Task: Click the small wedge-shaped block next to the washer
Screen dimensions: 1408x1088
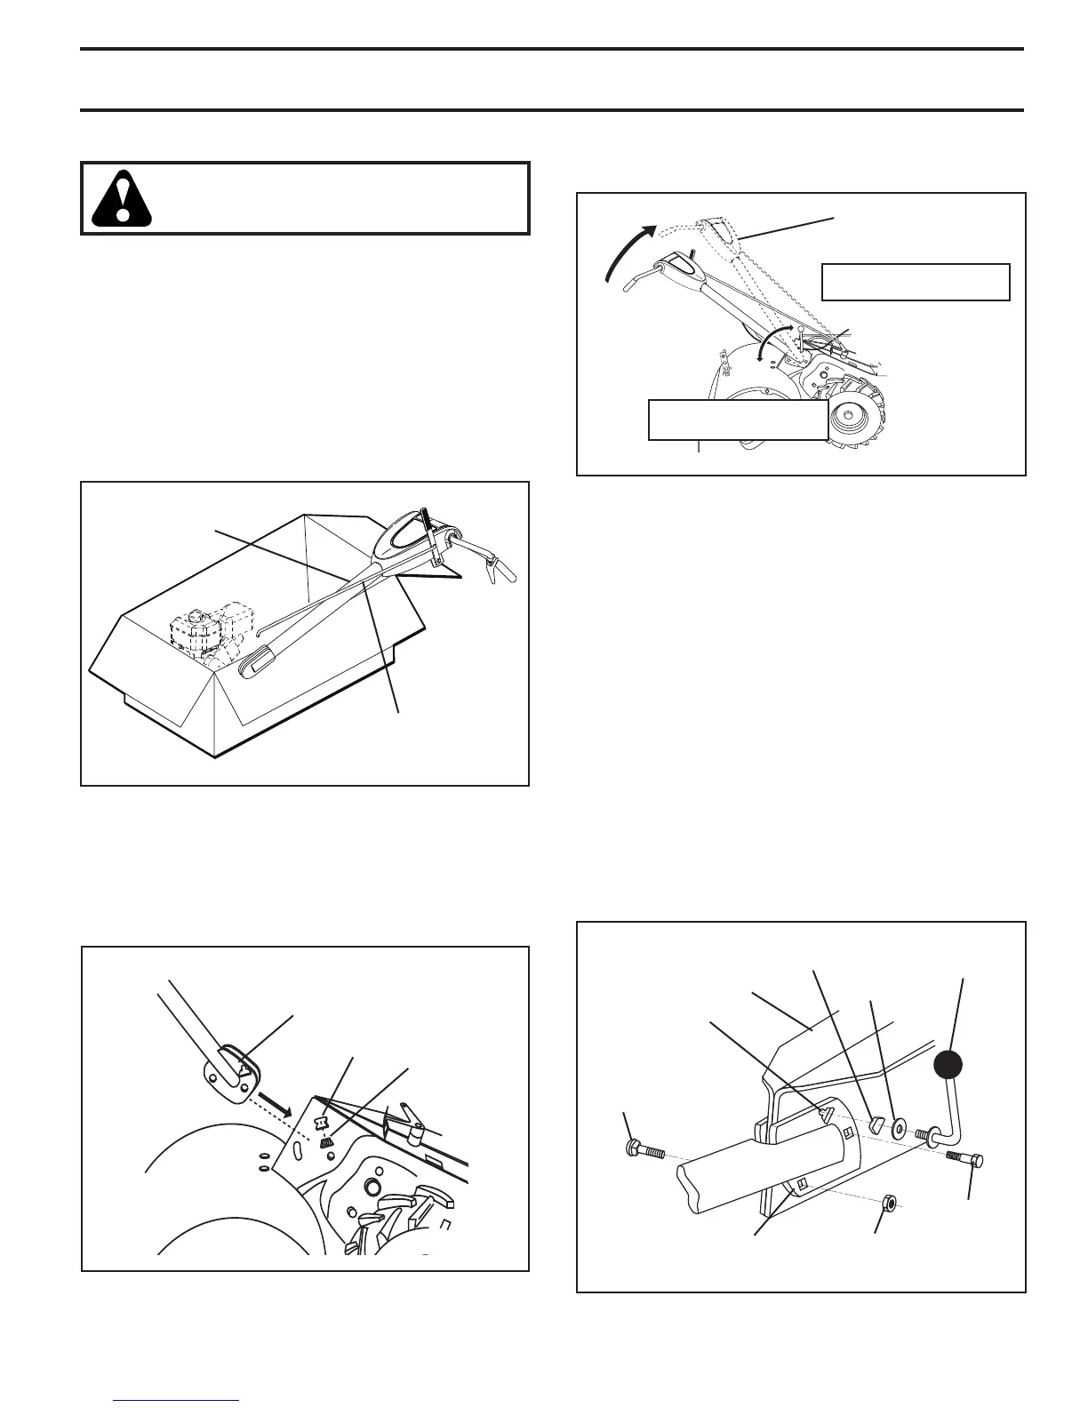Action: click(x=873, y=1123)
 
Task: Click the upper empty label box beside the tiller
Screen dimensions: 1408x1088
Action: click(x=916, y=282)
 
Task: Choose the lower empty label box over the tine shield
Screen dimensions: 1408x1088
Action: click(x=738, y=420)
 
